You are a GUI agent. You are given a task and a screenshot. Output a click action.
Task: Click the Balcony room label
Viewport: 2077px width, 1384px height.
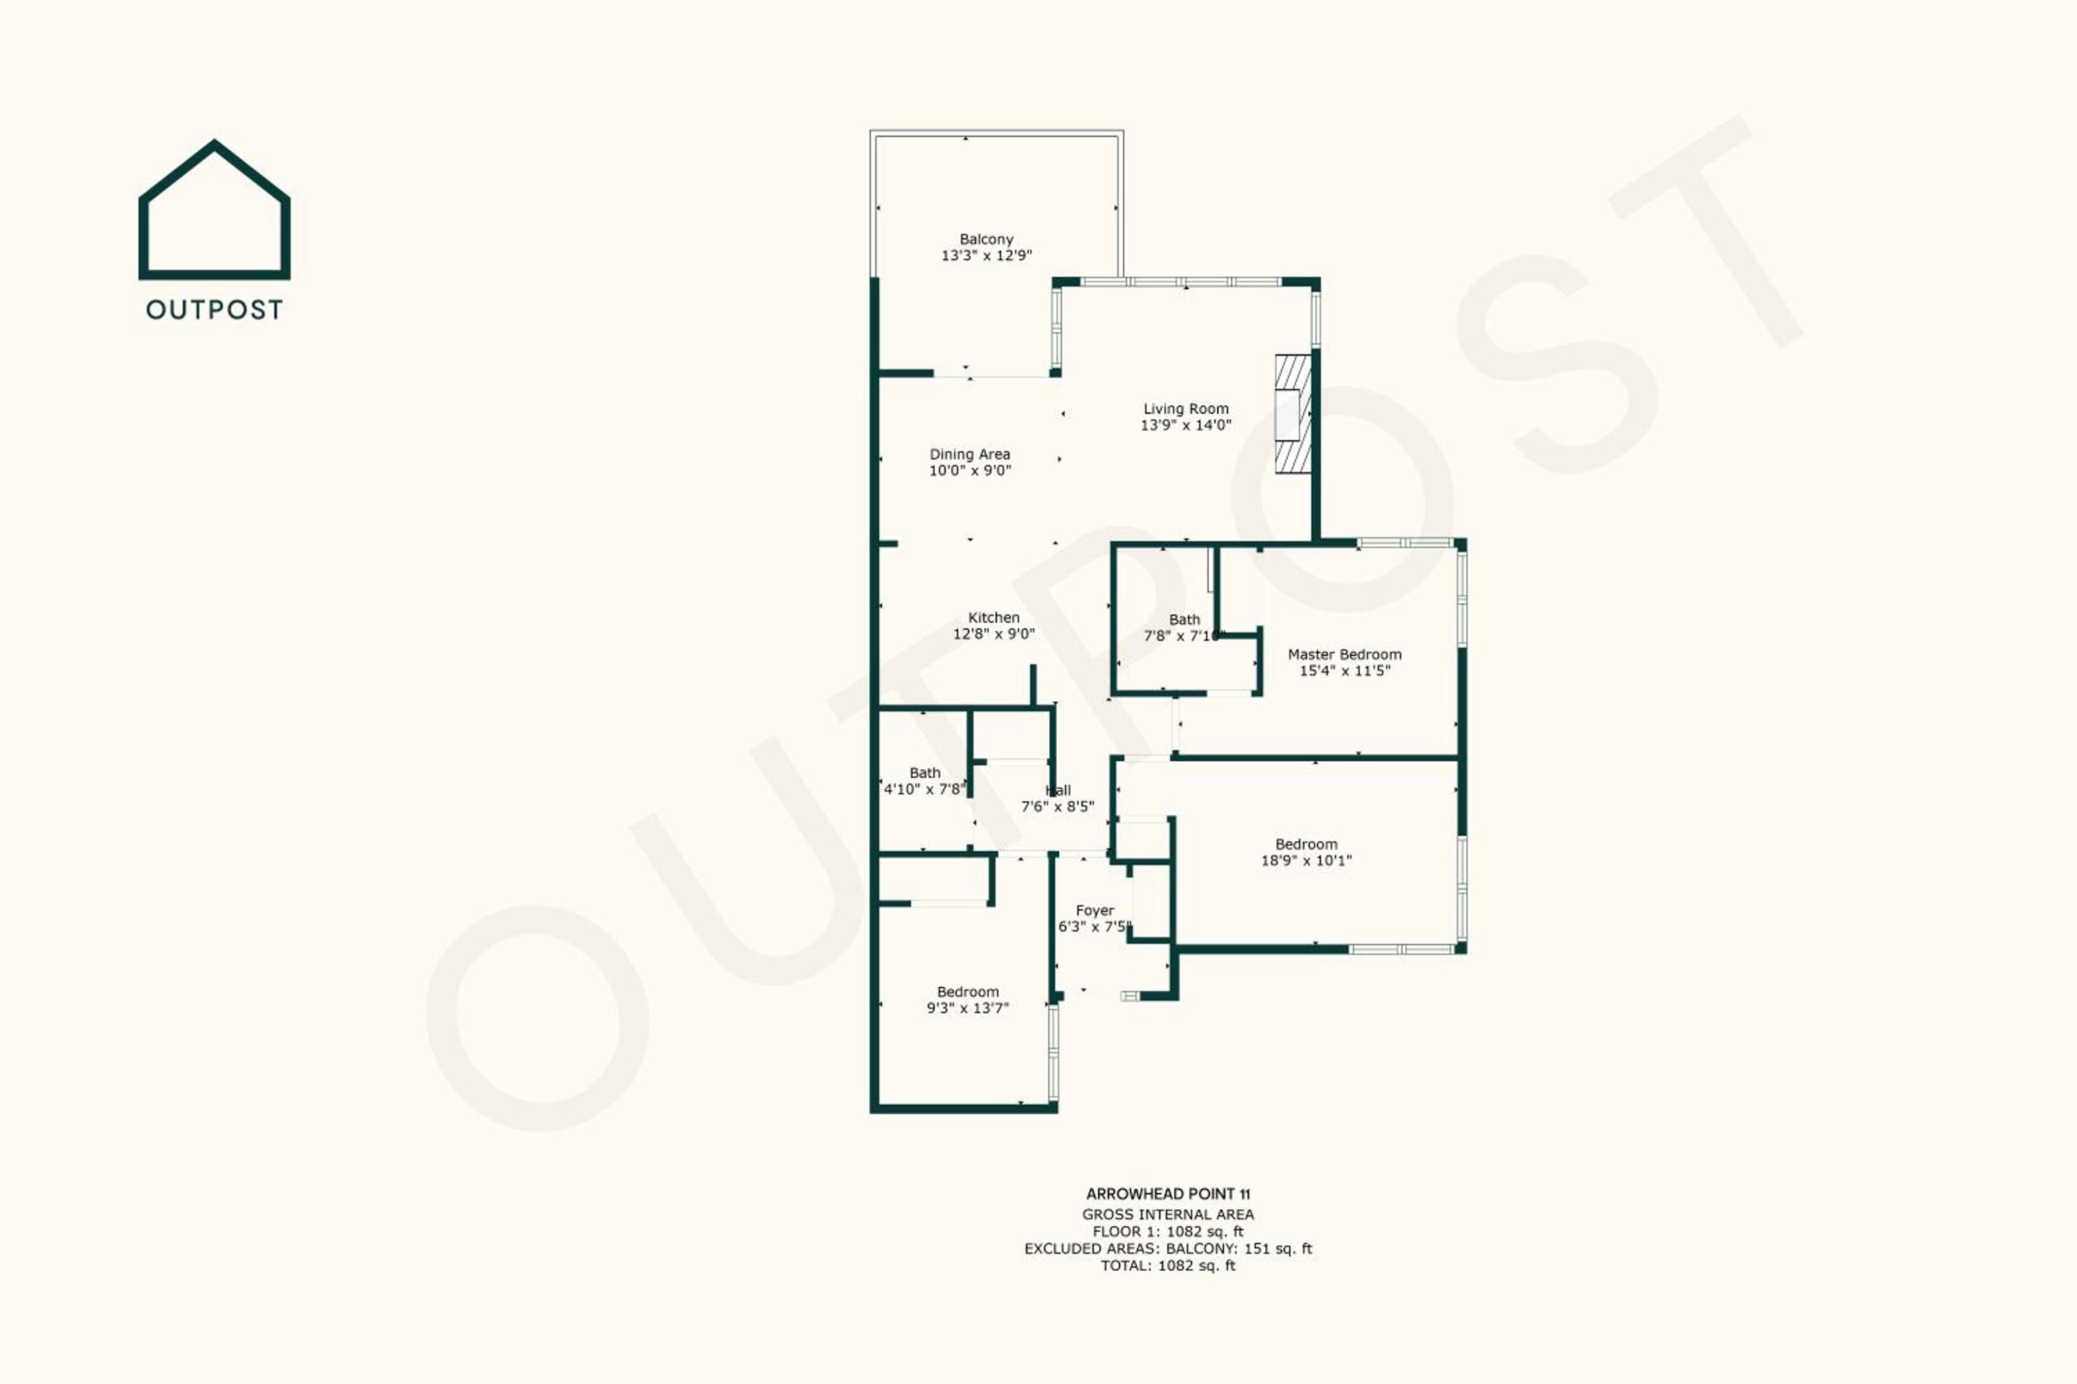click(987, 239)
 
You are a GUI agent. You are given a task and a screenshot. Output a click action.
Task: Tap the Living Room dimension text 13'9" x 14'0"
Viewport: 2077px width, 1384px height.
click(1186, 425)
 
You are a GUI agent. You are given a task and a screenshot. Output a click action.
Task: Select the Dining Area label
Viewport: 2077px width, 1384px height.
click(970, 455)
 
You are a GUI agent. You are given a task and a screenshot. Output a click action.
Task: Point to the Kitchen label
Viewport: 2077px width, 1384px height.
click(993, 618)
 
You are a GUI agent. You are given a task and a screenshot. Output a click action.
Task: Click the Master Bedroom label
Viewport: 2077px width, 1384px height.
click(1344, 654)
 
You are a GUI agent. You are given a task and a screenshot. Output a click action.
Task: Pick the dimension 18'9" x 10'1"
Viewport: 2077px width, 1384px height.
click(1306, 861)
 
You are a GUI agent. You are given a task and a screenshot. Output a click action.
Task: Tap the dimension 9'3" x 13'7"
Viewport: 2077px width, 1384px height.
click(968, 1008)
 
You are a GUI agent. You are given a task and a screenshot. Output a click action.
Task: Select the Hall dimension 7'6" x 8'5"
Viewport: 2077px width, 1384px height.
click(1057, 807)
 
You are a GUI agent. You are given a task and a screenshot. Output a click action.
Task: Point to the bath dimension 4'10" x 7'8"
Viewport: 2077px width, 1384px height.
click(924, 789)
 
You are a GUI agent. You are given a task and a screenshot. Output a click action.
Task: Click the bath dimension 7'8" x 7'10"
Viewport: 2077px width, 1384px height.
click(1184, 635)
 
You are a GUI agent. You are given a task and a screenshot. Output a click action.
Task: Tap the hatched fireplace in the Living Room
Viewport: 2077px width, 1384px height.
click(1293, 414)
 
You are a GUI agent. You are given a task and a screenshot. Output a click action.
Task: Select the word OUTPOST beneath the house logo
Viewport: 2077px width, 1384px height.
click(215, 310)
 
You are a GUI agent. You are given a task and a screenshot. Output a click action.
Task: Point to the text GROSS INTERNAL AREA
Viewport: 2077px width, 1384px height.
click(1169, 1214)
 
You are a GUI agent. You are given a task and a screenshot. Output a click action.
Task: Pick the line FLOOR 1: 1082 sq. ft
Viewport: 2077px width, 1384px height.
click(1169, 1231)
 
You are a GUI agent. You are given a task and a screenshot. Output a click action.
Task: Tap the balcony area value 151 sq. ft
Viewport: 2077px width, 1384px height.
click(1278, 1248)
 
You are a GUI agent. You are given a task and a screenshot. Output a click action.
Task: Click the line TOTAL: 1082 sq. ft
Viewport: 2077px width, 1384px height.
click(1169, 1266)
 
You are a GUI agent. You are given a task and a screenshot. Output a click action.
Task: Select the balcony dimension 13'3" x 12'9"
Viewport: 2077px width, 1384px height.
click(987, 256)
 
